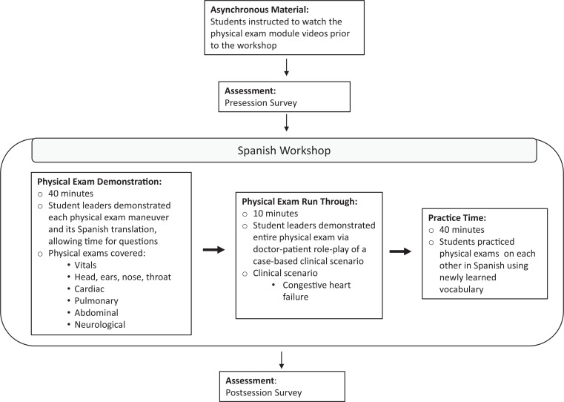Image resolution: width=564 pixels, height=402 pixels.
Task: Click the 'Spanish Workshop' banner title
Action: (x=284, y=151)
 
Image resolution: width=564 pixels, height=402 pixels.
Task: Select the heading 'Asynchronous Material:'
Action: (x=259, y=10)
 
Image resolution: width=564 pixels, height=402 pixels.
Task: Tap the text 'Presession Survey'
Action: (x=261, y=103)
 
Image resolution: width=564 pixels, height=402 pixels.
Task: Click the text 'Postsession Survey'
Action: (x=264, y=392)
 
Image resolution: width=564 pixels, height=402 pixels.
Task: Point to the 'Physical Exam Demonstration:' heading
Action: (x=99, y=182)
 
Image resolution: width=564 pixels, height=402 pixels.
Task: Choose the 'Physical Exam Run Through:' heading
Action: (x=299, y=202)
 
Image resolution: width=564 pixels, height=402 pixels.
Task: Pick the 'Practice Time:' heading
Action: (x=457, y=218)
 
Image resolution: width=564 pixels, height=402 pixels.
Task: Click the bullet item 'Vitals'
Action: (x=85, y=266)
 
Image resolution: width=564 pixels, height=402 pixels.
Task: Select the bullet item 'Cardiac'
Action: (x=89, y=289)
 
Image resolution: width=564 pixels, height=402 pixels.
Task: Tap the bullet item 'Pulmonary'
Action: (x=96, y=301)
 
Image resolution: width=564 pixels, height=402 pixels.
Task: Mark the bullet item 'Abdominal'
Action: (x=96, y=313)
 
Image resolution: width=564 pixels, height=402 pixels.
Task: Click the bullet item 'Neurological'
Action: (x=99, y=325)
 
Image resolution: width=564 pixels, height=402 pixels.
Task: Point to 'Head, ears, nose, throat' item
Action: (x=122, y=277)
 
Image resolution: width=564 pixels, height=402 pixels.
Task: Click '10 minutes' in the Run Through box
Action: (x=276, y=214)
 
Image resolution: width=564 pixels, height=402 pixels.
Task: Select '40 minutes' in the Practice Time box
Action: (x=462, y=230)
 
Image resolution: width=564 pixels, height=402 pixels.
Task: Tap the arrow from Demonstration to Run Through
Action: (x=213, y=250)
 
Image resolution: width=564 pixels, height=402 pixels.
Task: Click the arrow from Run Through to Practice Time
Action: (x=400, y=251)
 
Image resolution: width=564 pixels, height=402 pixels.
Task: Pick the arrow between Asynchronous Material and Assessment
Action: (x=286, y=67)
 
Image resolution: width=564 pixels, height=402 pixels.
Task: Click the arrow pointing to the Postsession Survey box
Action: (x=282, y=360)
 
